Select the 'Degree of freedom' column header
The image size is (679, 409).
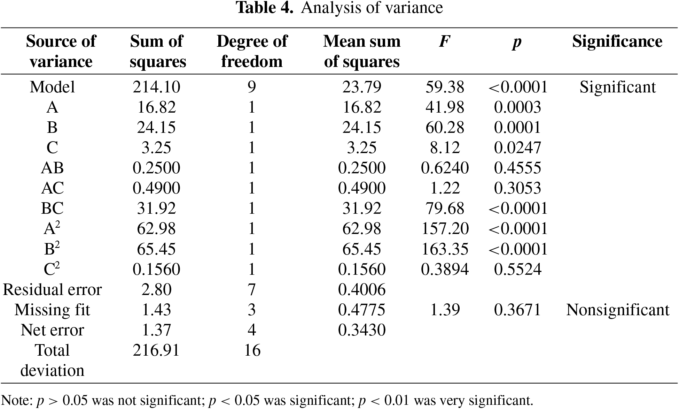[x=252, y=51]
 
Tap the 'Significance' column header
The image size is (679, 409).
[x=617, y=41]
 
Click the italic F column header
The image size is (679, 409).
[x=445, y=41]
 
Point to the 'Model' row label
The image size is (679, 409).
[x=52, y=87]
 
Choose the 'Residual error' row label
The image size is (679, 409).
[x=52, y=289]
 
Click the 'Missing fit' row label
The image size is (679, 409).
[x=52, y=310]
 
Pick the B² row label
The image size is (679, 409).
[x=52, y=249]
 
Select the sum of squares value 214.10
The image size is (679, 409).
[x=157, y=87]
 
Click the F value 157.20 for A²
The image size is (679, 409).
[x=445, y=229]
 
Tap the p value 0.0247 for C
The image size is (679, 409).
[x=517, y=147]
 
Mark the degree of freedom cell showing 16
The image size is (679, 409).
[x=252, y=350]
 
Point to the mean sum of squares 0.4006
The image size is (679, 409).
[x=362, y=289]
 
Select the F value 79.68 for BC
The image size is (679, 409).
[x=445, y=209]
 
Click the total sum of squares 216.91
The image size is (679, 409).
[x=157, y=350]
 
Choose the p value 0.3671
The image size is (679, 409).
[x=517, y=310]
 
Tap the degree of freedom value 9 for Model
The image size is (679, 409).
[x=252, y=87]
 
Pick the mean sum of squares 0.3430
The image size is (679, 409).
[x=362, y=330]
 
